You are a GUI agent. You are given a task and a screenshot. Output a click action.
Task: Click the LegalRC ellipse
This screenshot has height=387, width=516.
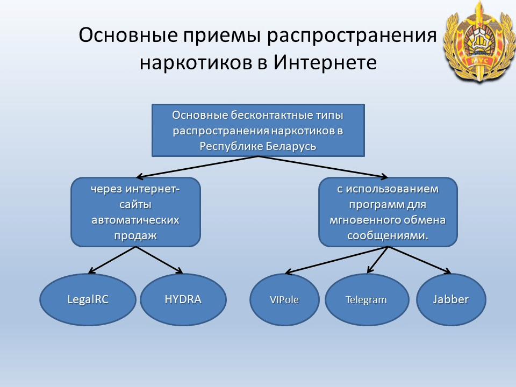pos(88,299)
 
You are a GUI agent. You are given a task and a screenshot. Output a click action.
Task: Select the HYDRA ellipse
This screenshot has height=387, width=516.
pos(183,299)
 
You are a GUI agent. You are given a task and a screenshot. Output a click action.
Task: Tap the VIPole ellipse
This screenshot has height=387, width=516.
pos(284,299)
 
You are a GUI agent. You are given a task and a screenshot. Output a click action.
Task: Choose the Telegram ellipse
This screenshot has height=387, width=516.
pos(367,299)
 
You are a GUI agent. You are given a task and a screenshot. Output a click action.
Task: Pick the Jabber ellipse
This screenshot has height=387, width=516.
pos(451,299)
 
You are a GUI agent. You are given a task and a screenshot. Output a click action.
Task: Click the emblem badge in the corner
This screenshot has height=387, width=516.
pos(479,41)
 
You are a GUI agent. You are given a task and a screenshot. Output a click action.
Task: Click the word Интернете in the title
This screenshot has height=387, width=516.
pos(325,62)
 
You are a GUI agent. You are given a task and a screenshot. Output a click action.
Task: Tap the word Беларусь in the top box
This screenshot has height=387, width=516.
pos(291,146)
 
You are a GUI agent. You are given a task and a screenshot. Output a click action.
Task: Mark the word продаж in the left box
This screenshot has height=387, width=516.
pos(135,235)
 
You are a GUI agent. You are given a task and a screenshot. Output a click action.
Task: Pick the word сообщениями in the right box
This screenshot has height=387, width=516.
pos(386,235)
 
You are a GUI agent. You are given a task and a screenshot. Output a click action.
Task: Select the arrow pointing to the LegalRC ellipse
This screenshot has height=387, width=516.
pos(112,260)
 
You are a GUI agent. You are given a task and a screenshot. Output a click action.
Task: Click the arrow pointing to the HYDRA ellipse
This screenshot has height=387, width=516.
pos(159,260)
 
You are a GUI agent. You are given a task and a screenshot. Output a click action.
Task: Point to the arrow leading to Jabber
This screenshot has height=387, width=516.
pos(420,260)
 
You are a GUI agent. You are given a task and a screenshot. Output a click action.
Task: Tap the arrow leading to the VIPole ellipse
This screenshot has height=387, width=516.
pos(336,260)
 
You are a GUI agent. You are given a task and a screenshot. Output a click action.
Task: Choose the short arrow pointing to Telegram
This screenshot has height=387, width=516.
pos(378,260)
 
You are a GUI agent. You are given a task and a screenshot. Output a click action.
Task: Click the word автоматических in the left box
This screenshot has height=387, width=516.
pos(135,220)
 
